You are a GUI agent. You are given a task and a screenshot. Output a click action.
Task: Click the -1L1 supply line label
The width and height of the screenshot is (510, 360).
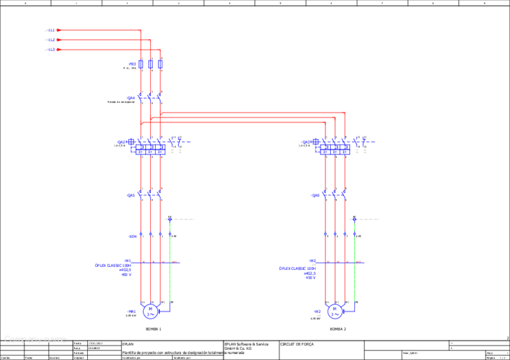tap(50, 30)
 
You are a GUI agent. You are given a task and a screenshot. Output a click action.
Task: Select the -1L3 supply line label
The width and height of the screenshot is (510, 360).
tap(50, 50)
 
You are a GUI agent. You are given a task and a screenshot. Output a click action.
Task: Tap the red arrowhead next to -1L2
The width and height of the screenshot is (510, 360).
tap(59, 40)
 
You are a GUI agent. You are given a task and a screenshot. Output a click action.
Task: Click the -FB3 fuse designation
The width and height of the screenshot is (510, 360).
tap(132, 64)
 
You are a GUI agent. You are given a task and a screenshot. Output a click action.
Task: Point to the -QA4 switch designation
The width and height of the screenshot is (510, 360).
tap(131, 97)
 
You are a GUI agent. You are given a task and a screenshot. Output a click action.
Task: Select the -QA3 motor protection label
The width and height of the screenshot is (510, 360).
tap(306, 142)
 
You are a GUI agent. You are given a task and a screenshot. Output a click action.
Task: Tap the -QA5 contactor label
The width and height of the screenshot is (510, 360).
tap(131, 195)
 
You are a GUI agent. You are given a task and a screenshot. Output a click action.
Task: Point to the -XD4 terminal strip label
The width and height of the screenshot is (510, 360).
tap(133, 236)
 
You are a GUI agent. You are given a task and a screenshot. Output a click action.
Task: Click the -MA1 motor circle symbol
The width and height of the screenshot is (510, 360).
tap(150, 311)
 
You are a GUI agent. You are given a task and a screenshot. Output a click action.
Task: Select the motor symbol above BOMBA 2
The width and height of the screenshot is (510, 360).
tap(334, 311)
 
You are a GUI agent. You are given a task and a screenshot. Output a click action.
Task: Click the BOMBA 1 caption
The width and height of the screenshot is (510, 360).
tap(153, 329)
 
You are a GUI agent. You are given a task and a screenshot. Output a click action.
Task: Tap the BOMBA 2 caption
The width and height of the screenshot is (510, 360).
tap(338, 329)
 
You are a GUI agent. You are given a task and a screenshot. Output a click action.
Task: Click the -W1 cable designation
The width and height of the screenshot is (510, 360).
tap(127, 261)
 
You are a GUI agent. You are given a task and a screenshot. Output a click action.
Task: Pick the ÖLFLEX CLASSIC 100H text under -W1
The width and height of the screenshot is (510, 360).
tap(112, 265)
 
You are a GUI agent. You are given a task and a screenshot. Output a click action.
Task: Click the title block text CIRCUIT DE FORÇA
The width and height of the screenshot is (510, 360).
tap(296, 344)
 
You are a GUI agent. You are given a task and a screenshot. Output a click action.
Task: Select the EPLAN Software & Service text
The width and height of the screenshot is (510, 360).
tap(246, 344)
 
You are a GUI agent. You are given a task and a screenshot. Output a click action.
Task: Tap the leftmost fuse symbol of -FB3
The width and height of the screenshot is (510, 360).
tap(141, 64)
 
